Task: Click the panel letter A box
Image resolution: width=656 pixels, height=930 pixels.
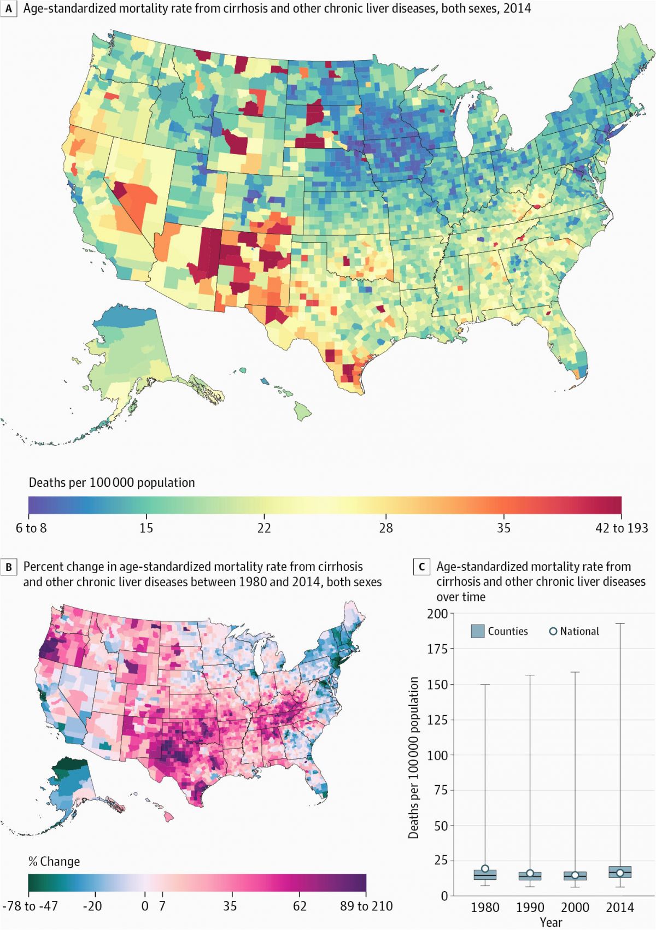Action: (x=8, y=9)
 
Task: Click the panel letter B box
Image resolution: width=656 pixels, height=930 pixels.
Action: (x=8, y=567)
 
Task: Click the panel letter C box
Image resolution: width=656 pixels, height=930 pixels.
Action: (x=421, y=567)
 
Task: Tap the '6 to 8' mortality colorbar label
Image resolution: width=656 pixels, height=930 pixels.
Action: (x=31, y=528)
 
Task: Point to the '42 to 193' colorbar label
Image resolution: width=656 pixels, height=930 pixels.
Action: (x=622, y=528)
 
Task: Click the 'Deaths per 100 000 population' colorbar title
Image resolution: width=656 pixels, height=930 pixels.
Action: (x=112, y=482)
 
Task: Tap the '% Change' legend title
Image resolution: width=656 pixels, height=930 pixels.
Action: (x=54, y=862)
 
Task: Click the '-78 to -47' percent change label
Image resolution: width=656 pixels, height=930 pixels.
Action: (x=30, y=906)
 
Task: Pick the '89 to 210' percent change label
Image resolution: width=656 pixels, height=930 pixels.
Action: (x=366, y=906)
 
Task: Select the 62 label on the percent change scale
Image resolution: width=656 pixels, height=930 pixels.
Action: (x=300, y=906)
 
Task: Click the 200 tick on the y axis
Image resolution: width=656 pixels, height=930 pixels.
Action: (x=437, y=614)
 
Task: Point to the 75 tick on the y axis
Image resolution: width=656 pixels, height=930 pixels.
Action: (x=441, y=790)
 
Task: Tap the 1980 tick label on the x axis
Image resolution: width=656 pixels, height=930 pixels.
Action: (x=485, y=908)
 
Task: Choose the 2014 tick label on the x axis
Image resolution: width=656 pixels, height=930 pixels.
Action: (x=620, y=908)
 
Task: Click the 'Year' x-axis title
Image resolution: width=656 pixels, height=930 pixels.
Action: (x=551, y=922)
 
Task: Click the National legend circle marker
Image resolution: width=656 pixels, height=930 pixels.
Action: (x=553, y=631)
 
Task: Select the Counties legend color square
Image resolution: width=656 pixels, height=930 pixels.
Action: (x=478, y=631)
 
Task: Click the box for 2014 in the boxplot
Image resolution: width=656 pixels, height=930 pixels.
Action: (x=620, y=872)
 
